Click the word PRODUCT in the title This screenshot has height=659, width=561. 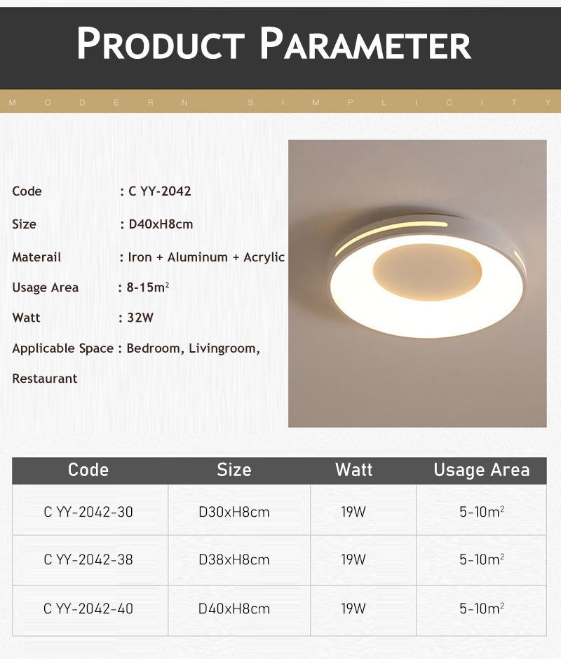(160, 43)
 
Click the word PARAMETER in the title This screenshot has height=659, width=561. (365, 43)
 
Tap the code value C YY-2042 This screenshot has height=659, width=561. (159, 191)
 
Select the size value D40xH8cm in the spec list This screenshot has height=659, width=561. (161, 224)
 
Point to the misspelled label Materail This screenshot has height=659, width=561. (36, 257)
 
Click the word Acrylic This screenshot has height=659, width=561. (264, 257)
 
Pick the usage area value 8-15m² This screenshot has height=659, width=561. (148, 287)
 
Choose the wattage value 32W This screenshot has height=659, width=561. (140, 318)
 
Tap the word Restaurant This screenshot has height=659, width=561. (45, 379)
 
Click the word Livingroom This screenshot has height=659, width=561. (224, 349)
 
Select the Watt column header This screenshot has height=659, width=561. (353, 470)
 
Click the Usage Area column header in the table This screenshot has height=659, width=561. (482, 470)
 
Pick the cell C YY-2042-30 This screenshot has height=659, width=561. (88, 512)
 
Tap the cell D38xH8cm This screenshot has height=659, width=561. (234, 560)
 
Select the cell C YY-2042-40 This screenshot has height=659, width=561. (88, 609)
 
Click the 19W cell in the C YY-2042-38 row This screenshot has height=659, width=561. (353, 560)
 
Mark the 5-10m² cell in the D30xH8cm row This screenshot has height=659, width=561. (482, 512)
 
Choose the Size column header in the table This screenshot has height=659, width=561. (234, 470)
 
